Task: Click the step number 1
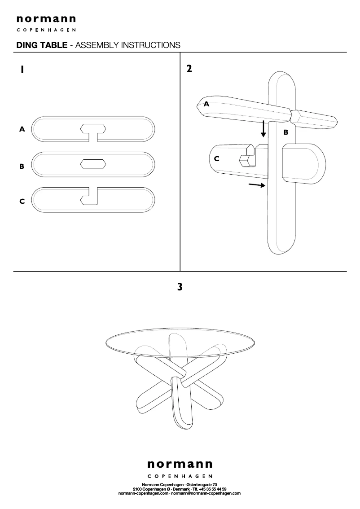[x=22, y=70]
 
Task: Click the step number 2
[x=189, y=69]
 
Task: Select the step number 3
[x=180, y=287]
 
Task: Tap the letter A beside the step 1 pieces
[x=22, y=129]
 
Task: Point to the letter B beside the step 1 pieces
[x=22, y=166]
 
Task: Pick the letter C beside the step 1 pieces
[x=22, y=201]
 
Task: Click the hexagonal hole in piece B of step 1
[x=93, y=164]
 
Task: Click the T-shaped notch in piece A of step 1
[x=93, y=132]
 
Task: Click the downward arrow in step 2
[x=263, y=128]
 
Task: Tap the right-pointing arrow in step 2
[x=257, y=185]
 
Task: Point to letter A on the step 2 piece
[x=206, y=104]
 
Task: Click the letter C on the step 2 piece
[x=217, y=159]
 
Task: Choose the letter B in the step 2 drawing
[x=285, y=132]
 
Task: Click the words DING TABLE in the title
[x=42, y=45]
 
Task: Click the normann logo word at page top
[x=46, y=19]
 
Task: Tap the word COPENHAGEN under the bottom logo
[x=180, y=476]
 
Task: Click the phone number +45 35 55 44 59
[x=213, y=489]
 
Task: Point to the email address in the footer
[x=206, y=493]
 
